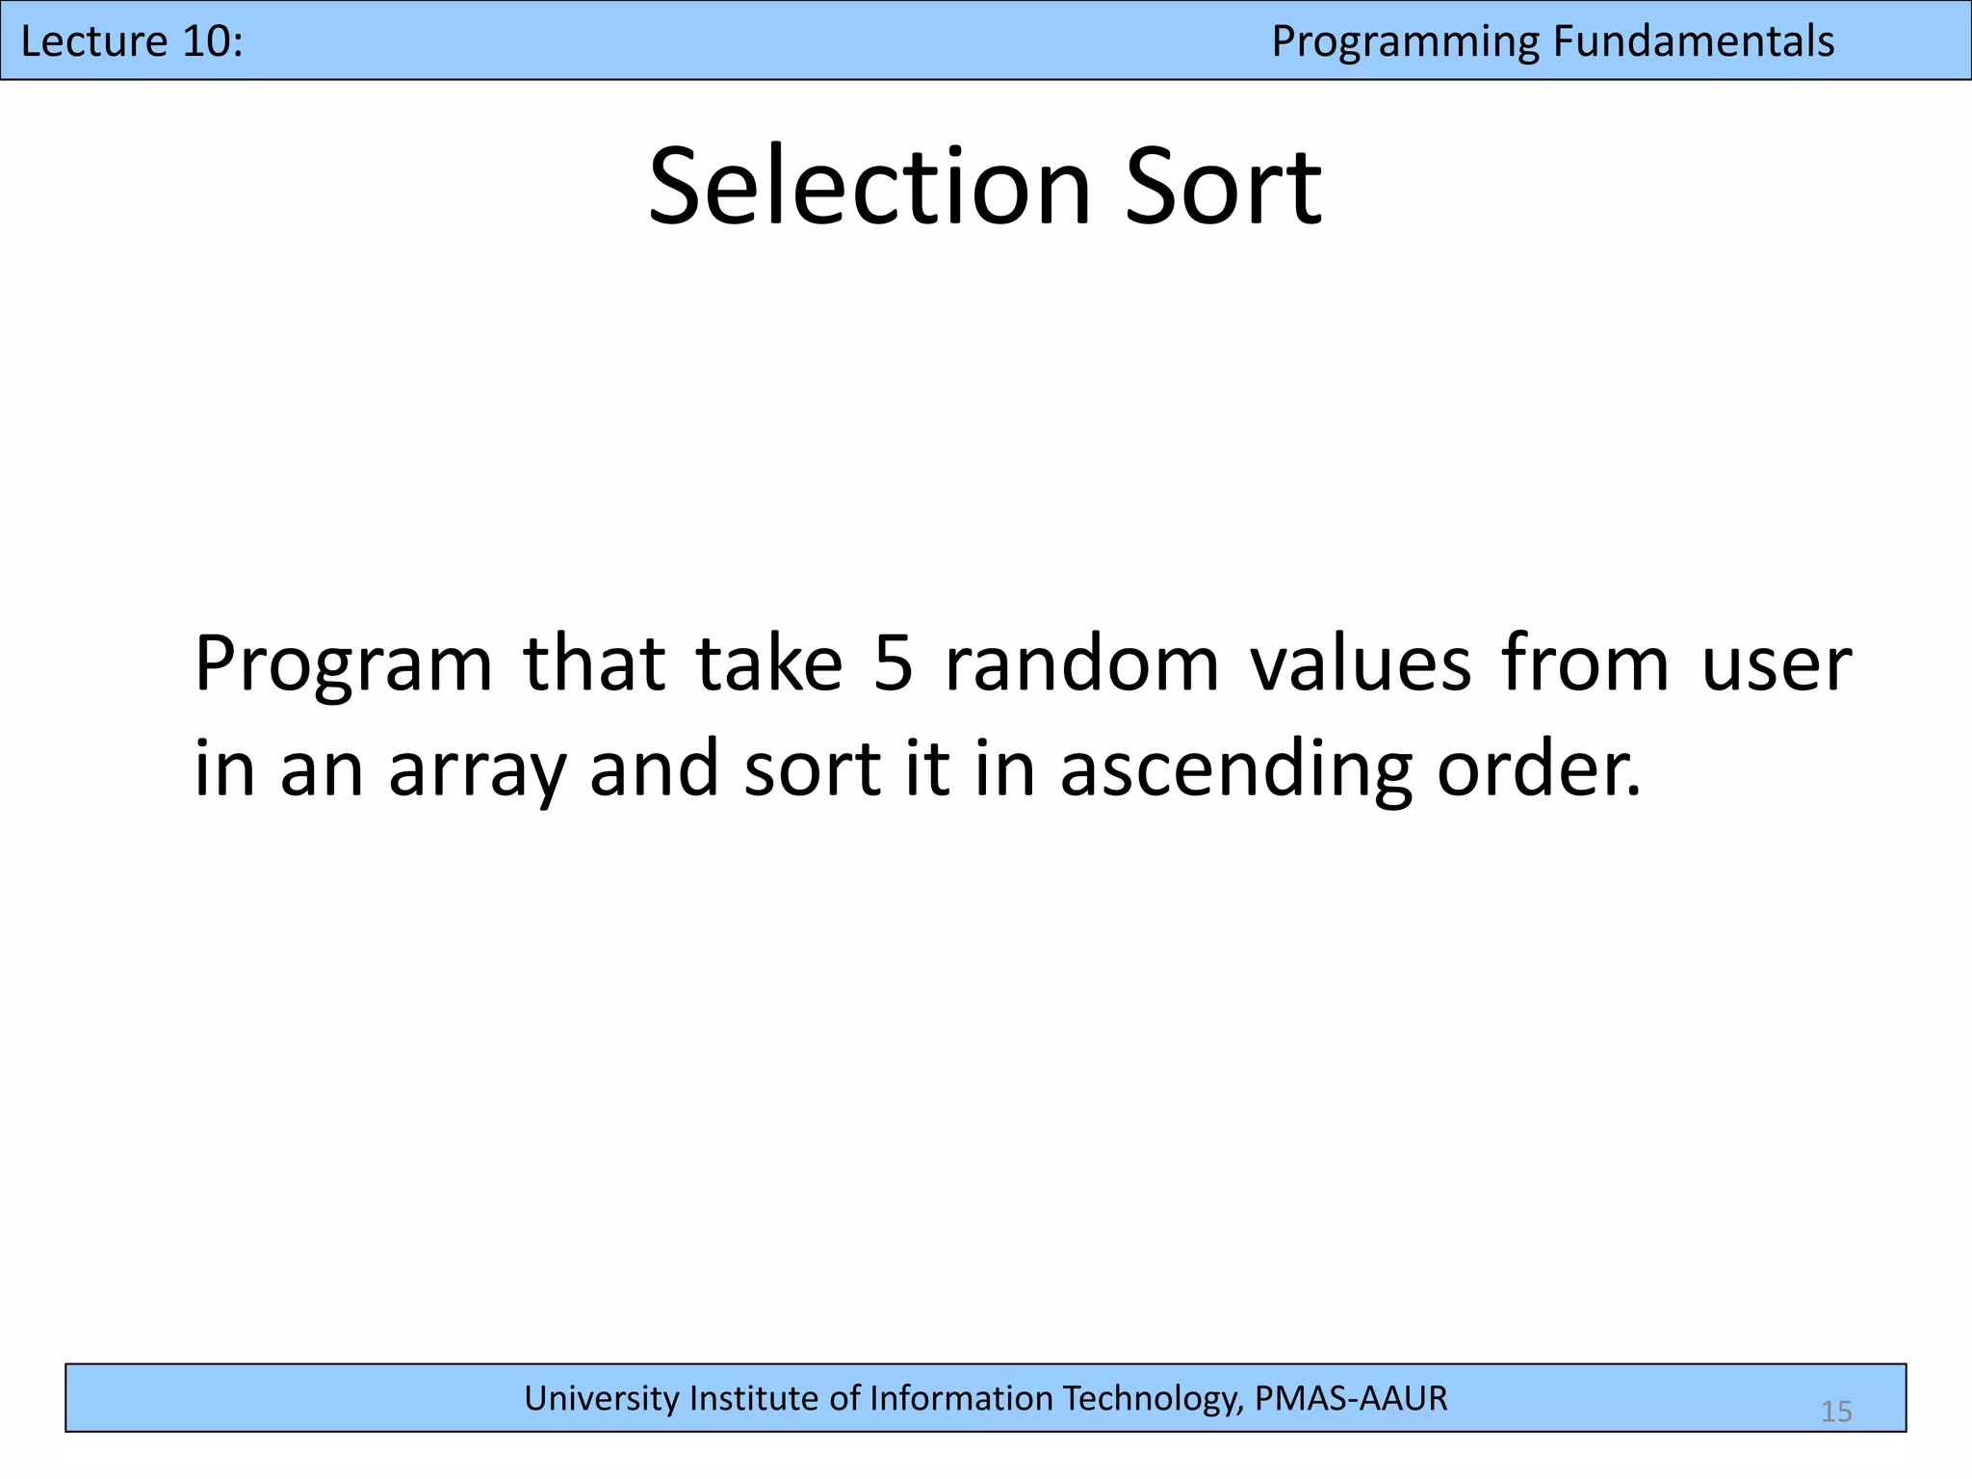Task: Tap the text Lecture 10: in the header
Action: pos(132,41)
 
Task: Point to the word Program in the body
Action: pos(344,664)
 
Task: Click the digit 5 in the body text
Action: pos(893,664)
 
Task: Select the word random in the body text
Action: pos(1082,664)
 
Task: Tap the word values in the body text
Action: pos(1360,664)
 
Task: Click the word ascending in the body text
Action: pos(1235,770)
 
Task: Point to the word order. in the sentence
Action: pos(1539,770)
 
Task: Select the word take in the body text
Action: pos(769,664)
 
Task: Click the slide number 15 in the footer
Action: pos(1836,1412)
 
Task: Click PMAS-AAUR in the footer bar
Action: pos(1350,1398)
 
